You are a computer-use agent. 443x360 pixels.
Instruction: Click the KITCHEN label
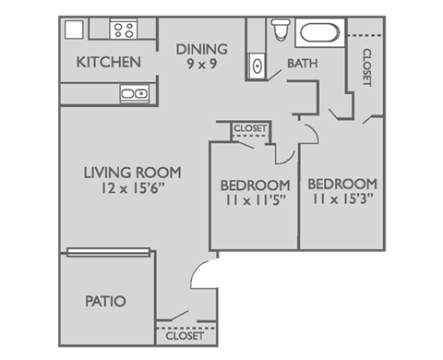108,63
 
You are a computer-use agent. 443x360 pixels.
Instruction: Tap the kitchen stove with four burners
123,30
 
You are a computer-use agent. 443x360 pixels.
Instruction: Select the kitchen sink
133,93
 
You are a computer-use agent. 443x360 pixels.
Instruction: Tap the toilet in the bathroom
281,31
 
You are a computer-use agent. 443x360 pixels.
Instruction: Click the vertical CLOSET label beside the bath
366,67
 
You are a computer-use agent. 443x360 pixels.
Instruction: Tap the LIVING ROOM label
132,172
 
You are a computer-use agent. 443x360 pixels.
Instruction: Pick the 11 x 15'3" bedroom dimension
341,198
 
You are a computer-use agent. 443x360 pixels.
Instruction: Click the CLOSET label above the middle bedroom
250,128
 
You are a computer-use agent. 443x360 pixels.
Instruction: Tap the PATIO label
105,301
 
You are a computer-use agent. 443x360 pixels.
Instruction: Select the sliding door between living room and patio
108,251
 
